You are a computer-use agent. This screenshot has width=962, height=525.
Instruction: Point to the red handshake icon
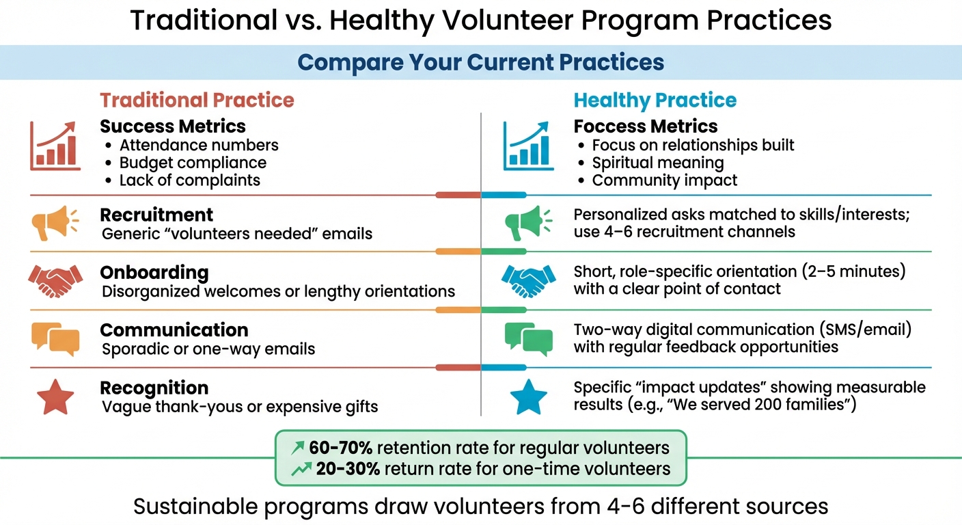point(55,281)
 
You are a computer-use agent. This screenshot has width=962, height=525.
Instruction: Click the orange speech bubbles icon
point(55,339)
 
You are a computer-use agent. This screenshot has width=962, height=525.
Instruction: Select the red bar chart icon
point(55,146)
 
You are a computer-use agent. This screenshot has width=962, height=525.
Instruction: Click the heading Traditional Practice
point(197,100)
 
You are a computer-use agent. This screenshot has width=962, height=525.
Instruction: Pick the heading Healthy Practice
point(655,100)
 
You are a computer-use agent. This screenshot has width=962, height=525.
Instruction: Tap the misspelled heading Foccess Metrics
point(645,126)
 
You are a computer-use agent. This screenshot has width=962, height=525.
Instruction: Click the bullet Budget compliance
point(193,163)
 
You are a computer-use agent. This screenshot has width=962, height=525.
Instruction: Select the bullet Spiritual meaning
point(657,163)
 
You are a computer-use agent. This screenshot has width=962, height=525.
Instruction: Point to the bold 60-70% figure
point(340,448)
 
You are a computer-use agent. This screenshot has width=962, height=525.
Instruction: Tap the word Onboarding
point(154,272)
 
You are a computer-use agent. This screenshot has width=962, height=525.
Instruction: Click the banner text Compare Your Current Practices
point(481,62)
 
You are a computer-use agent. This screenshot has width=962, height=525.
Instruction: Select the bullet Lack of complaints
point(189,180)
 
